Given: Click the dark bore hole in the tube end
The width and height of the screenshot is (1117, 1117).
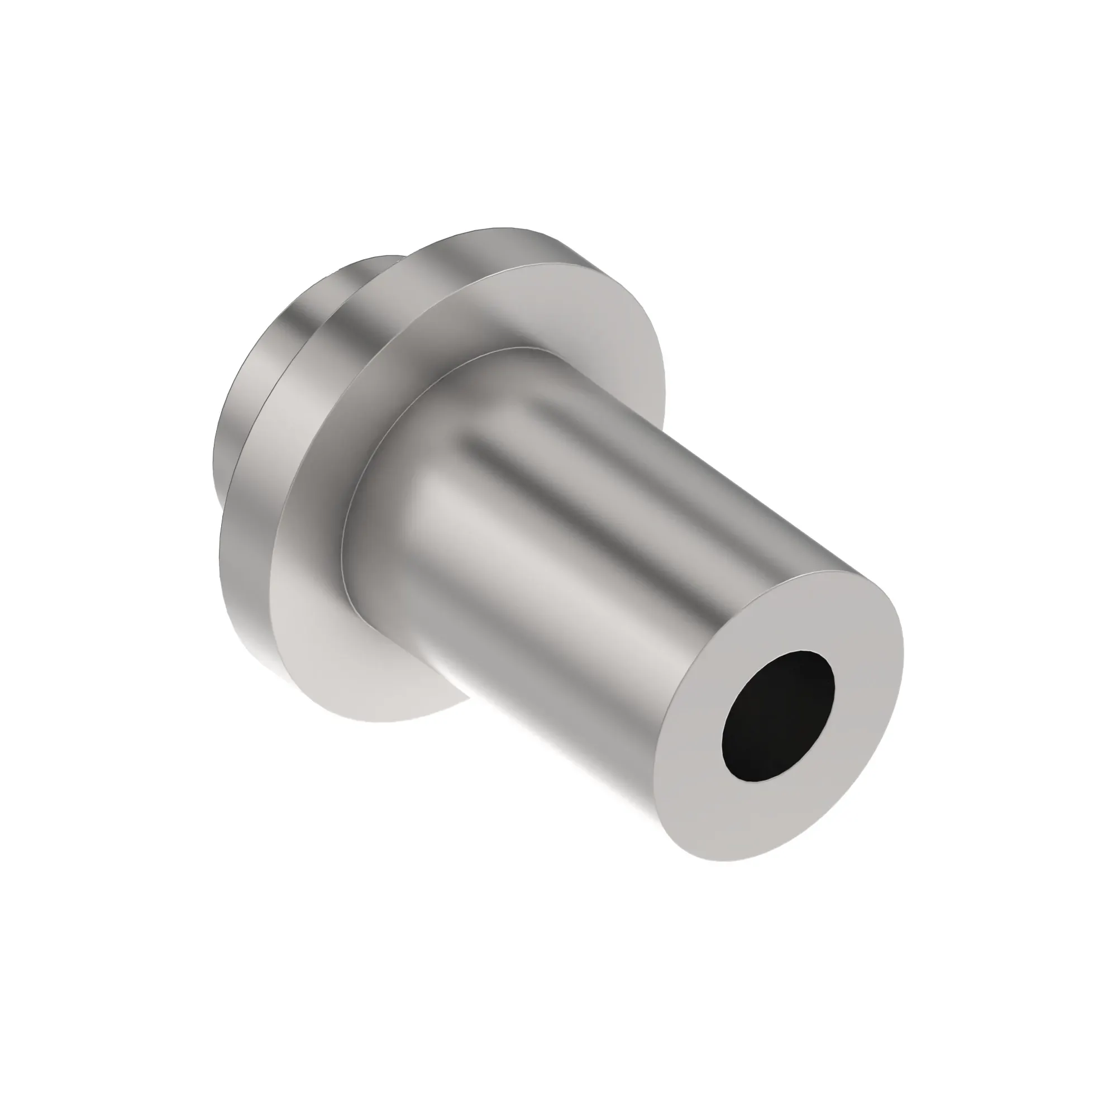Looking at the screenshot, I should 778,717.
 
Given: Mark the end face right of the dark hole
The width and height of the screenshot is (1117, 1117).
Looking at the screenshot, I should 867,682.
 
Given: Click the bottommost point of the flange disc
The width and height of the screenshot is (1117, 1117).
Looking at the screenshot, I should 370,722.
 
